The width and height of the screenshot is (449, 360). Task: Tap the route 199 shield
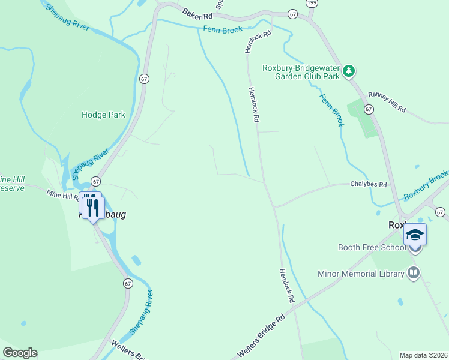311,3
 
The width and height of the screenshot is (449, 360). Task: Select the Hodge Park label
103,115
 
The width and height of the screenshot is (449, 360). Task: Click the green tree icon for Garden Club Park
349,71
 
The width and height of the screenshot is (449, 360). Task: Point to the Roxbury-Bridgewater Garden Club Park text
301,72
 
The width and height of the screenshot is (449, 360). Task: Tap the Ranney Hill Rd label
387,102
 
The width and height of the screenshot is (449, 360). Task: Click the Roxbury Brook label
426,185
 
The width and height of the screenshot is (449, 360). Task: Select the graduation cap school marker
415,235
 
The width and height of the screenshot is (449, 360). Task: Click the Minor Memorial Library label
361,274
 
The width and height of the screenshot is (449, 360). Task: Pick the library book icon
413,274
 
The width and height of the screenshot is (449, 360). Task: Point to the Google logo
20,353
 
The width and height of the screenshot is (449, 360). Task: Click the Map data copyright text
423,355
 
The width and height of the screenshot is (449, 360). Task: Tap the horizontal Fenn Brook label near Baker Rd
223,29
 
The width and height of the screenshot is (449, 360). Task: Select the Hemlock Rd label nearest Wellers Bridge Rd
286,285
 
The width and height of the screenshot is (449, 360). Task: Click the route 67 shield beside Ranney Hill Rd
369,109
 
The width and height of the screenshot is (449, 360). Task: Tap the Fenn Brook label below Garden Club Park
331,110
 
